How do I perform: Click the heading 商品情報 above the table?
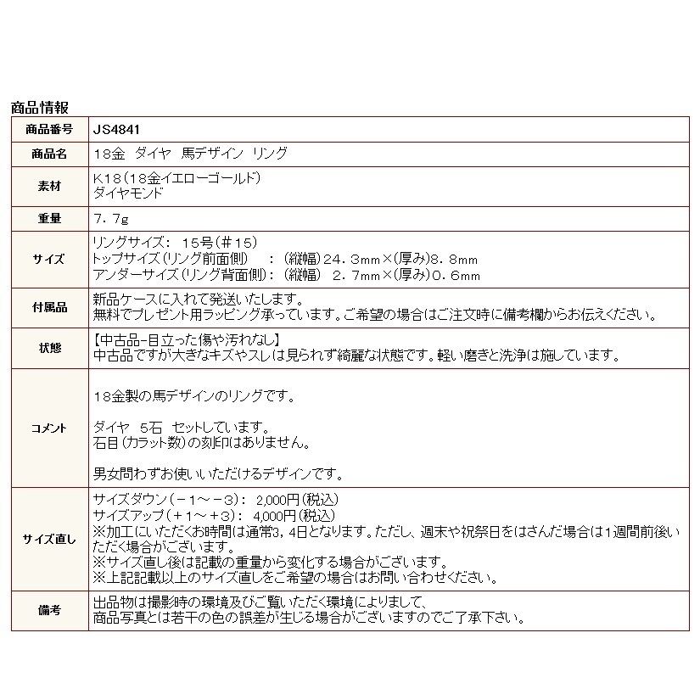pyautogui.click(x=39, y=108)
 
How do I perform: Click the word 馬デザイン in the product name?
pyautogui.click(x=212, y=154)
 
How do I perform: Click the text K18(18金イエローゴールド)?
pyautogui.click(x=174, y=179)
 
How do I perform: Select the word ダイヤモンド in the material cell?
pyautogui.click(x=127, y=193)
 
